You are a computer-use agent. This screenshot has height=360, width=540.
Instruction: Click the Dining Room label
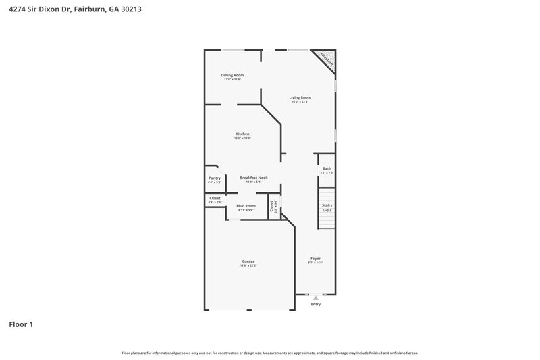tap(233, 75)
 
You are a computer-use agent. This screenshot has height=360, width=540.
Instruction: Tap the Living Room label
tap(300, 97)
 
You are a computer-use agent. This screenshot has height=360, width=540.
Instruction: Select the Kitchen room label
tap(242, 134)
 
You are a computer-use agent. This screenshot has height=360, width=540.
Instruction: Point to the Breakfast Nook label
tap(253, 178)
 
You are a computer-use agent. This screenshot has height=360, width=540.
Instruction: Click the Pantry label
tap(214, 178)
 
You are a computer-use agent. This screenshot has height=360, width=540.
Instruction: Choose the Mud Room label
tap(246, 205)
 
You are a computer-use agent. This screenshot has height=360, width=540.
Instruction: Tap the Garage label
tap(248, 261)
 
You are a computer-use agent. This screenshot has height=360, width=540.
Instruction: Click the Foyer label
tap(315, 258)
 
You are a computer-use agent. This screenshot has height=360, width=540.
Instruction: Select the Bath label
tap(327, 168)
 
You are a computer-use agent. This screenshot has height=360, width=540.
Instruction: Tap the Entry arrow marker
tap(315, 297)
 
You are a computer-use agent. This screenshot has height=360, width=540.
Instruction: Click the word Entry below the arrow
tap(315, 304)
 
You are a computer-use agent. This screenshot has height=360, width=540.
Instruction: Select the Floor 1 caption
tap(21, 324)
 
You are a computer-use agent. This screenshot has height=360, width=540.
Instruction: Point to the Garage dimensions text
tap(248, 265)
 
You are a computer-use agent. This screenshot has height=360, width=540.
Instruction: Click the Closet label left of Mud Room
tap(215, 198)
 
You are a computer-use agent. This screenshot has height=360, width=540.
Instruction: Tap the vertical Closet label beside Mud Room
tap(271, 207)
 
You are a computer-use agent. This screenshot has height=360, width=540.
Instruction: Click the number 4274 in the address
tap(18, 10)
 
